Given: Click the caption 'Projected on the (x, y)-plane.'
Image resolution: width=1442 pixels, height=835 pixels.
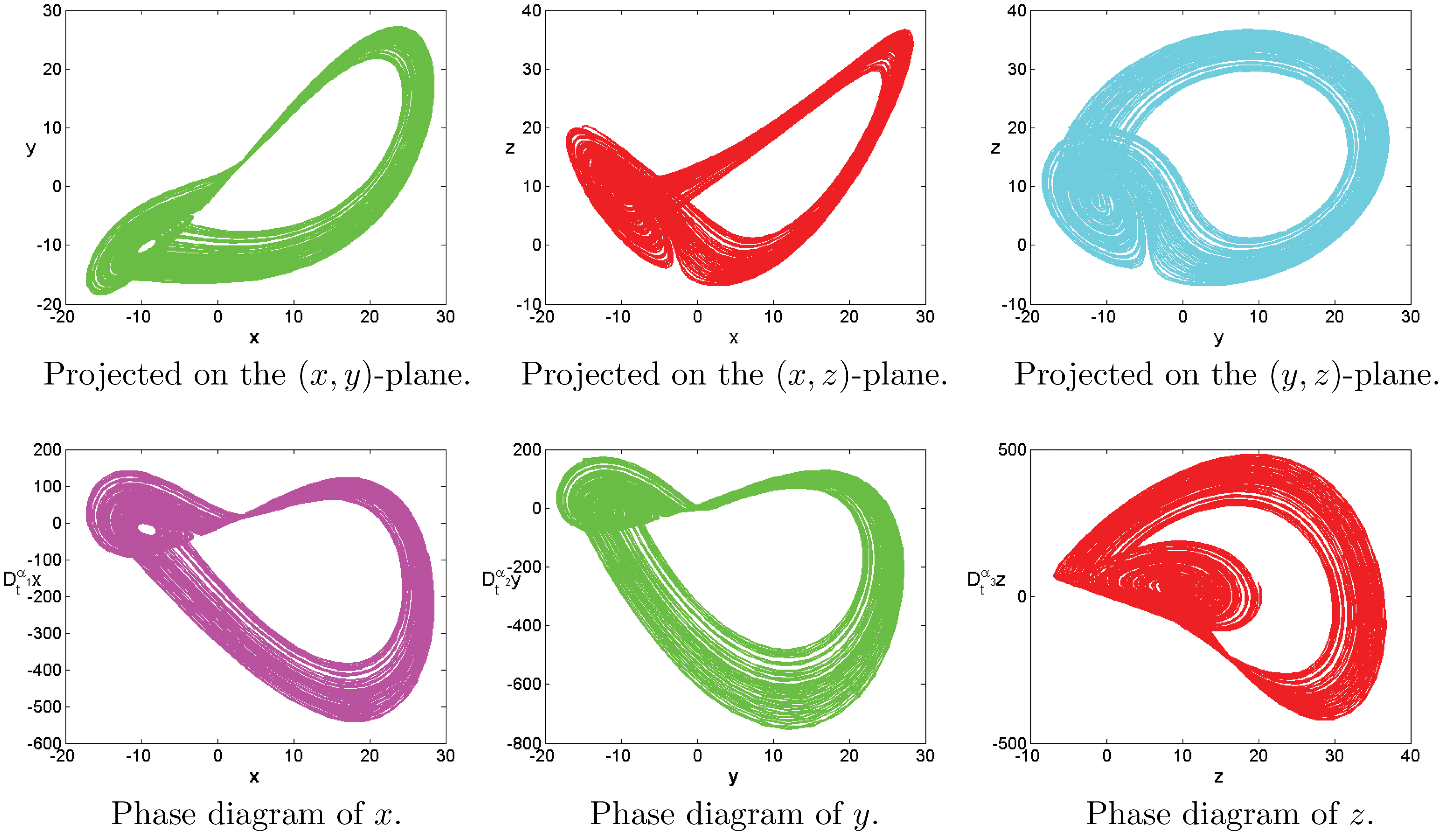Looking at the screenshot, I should click(257, 375).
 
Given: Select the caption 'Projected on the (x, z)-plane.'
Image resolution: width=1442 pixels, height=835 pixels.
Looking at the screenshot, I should click(734, 375).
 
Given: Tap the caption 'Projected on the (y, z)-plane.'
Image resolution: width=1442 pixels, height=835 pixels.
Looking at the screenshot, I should click(1226, 375).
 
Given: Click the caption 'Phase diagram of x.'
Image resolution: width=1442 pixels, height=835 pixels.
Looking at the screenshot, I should click(256, 814).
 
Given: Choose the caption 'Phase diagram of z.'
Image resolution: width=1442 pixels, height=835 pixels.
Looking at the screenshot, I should click(1229, 814).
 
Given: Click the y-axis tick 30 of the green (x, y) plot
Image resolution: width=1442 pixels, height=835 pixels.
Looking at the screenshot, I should click(52, 11).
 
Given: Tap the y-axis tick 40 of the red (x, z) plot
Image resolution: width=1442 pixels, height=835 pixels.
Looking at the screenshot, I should click(531, 11).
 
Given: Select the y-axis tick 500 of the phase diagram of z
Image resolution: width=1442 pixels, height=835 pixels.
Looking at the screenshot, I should click(1011, 450).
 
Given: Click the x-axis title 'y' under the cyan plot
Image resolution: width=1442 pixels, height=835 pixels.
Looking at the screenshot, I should click(1219, 338).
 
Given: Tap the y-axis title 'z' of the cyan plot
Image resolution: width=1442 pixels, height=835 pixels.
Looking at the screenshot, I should click(996, 148).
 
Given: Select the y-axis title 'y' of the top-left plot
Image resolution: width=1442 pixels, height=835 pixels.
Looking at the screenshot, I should click(31, 148).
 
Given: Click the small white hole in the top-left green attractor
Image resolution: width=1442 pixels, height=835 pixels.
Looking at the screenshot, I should click(147, 247).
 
